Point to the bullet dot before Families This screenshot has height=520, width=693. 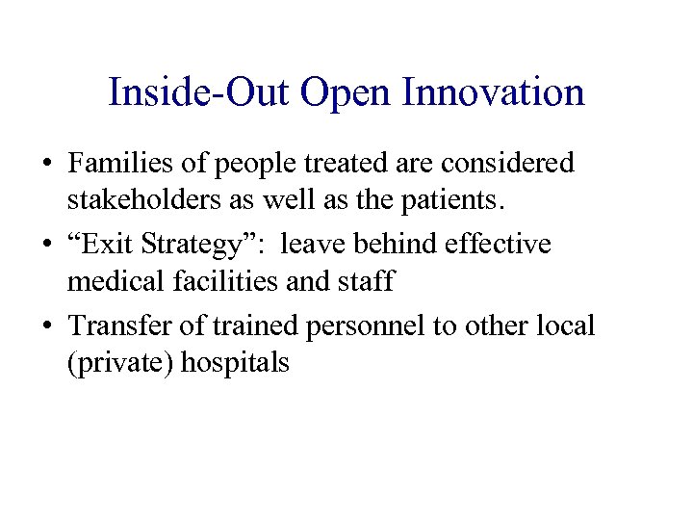pyautogui.click(x=47, y=165)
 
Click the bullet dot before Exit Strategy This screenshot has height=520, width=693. pyautogui.click(x=47, y=246)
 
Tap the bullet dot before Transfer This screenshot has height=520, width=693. pyautogui.click(x=47, y=326)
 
